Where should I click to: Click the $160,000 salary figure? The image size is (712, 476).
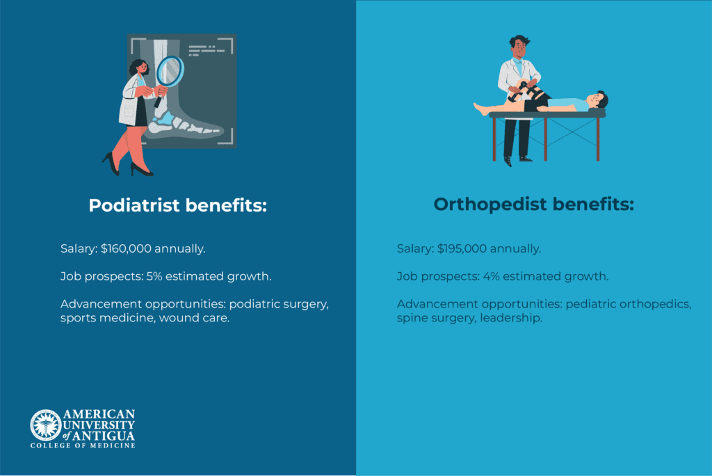click(x=126, y=248)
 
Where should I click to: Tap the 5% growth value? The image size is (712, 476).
click(x=154, y=276)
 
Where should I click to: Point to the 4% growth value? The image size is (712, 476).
click(x=491, y=276)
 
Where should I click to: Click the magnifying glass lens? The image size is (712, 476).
click(x=170, y=72)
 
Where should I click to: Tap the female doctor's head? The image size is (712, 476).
click(x=139, y=68)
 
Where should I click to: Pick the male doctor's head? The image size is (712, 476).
click(x=519, y=47)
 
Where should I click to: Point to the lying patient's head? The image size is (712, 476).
click(x=597, y=100)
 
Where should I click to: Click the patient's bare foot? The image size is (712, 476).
click(x=481, y=109)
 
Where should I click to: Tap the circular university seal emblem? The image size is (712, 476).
click(x=45, y=425)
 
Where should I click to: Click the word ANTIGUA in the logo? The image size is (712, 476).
click(x=104, y=436)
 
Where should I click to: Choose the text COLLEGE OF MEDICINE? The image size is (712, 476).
click(x=83, y=446)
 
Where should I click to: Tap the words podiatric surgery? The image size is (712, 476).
click(x=279, y=304)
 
